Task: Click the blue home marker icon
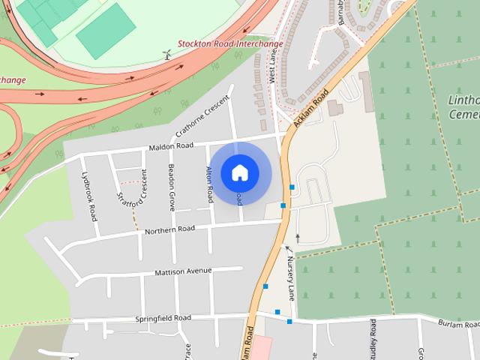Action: coord(239,172)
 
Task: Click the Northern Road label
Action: coord(169,229)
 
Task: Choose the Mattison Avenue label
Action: coord(183,271)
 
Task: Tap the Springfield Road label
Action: coord(163,318)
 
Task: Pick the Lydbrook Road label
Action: coord(89,196)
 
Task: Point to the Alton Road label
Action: coord(210,184)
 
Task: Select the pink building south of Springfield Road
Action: coord(261,348)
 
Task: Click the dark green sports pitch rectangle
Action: coord(105,30)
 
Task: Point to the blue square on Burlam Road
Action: coord(289,322)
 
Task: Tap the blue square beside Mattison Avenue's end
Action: coord(265,286)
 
